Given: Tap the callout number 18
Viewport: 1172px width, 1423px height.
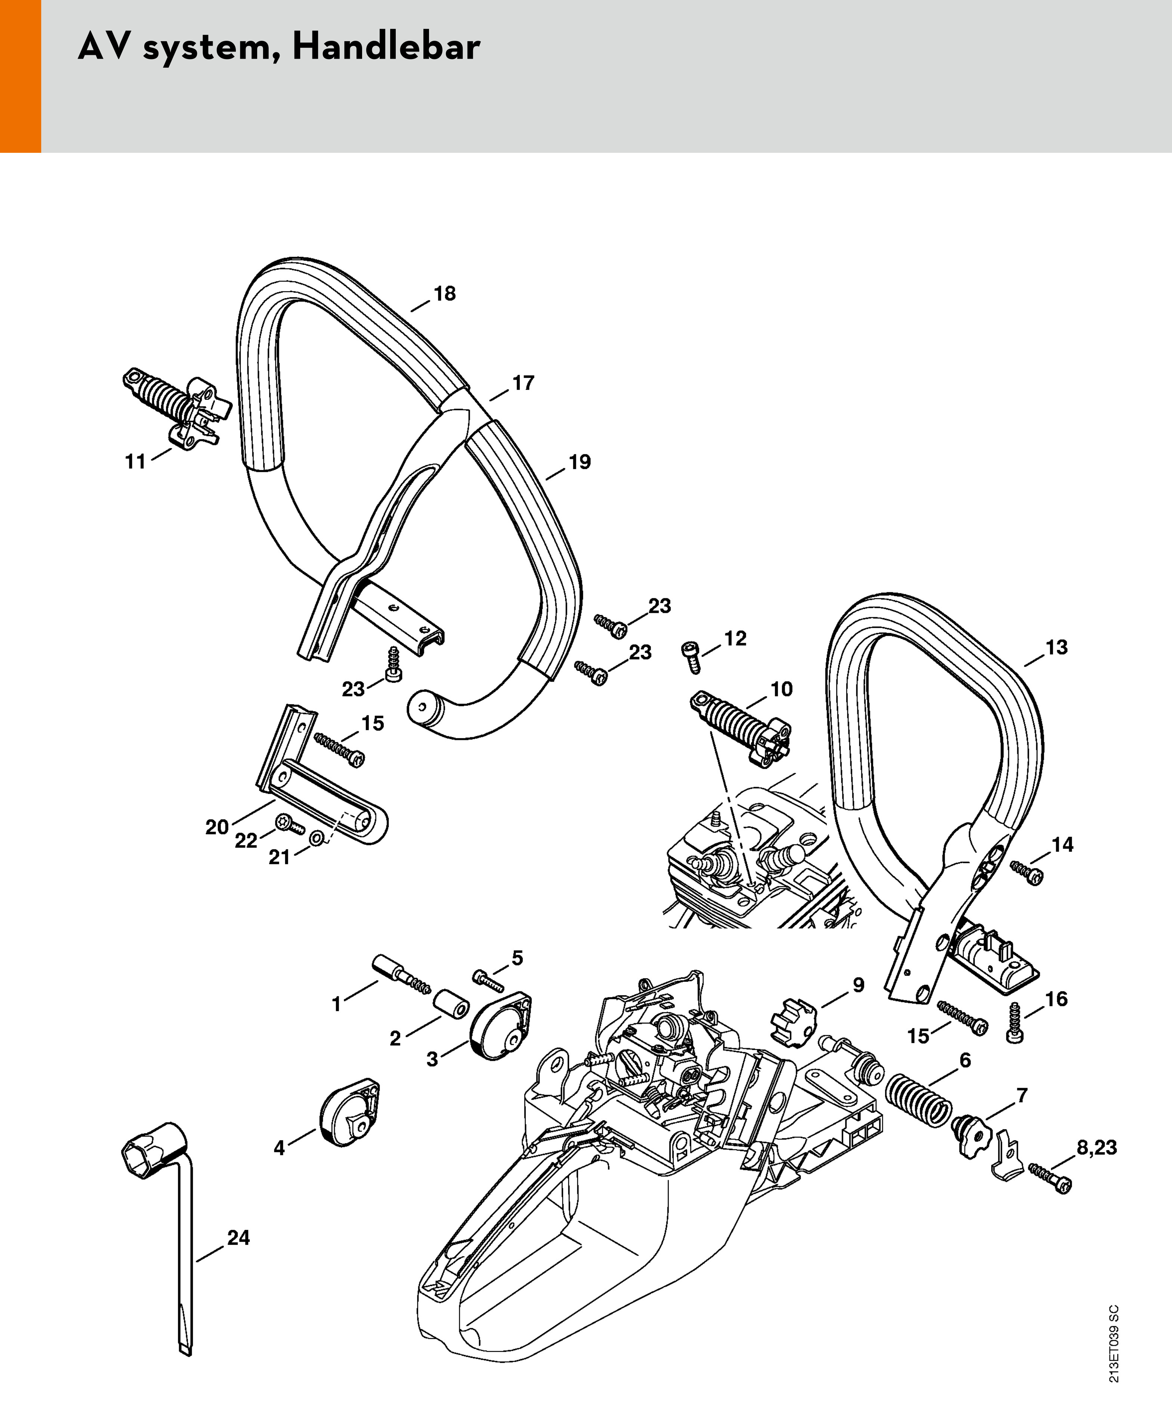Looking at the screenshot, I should tap(444, 294).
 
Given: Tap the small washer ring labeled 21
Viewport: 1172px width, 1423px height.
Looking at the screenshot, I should tap(316, 839).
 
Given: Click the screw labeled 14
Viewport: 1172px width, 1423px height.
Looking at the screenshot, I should tap(1027, 875).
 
